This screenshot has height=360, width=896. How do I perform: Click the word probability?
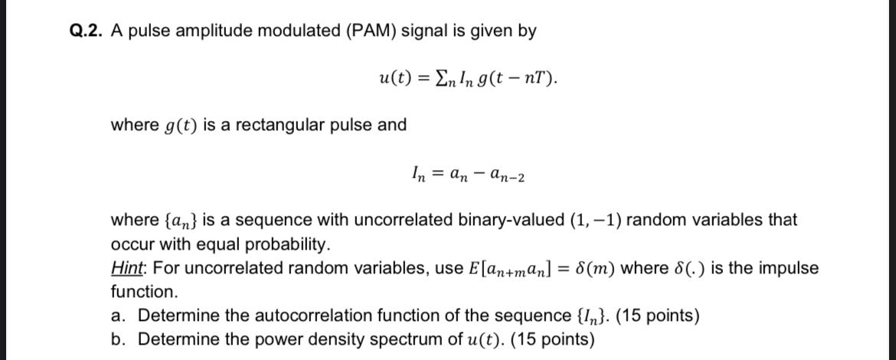pyautogui.click(x=284, y=245)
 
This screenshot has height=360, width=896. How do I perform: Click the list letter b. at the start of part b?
pyautogui.click(x=118, y=339)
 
